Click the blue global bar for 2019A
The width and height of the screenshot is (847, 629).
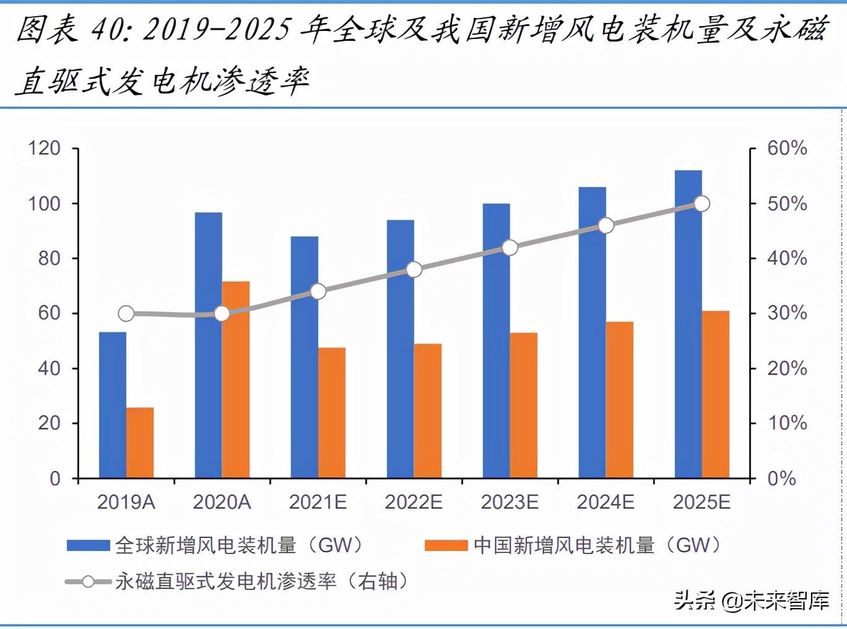coord(113,405)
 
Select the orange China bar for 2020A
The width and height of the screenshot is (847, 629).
coord(236,380)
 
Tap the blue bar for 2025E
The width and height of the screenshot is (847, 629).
coord(688,324)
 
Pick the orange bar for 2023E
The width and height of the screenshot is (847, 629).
coord(524,406)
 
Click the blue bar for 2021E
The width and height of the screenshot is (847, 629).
coord(305,357)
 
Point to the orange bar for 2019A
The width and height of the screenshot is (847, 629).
coord(140,443)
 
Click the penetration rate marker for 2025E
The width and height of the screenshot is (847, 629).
coord(701,204)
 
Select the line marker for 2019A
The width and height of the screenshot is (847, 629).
coord(126,314)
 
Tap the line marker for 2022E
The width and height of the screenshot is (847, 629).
coord(414,269)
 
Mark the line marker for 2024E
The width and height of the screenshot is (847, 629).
coord(606,225)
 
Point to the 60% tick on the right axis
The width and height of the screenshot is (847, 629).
coord(787,149)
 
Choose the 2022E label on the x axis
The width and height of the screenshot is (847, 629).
coord(414,501)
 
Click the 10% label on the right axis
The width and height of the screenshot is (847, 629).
coord(787,423)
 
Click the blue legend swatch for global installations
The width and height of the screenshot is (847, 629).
coord(89,545)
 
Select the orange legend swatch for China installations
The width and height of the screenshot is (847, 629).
coord(446,545)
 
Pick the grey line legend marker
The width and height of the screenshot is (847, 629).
coord(88,581)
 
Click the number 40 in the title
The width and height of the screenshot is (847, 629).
coord(106,29)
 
